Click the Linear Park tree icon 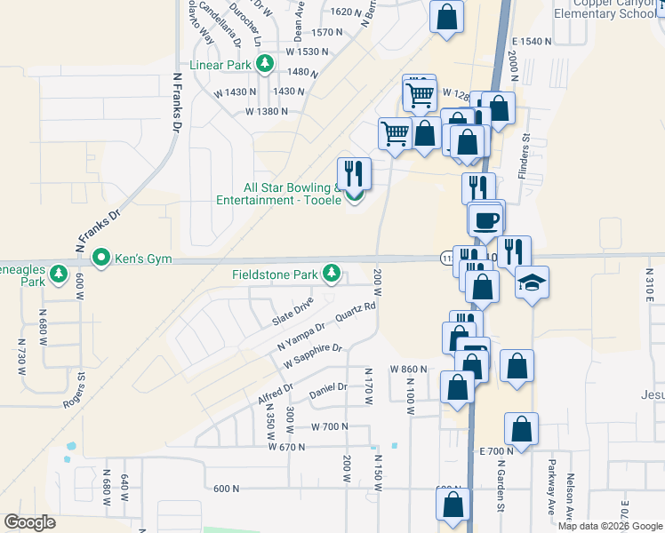(264, 63)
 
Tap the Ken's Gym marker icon (101, 259)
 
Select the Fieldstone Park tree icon (332, 272)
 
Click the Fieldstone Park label (275, 274)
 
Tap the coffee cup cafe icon (485, 219)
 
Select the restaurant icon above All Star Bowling (355, 172)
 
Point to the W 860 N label (409, 369)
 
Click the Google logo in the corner (30, 522)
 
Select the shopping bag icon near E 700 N (521, 429)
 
